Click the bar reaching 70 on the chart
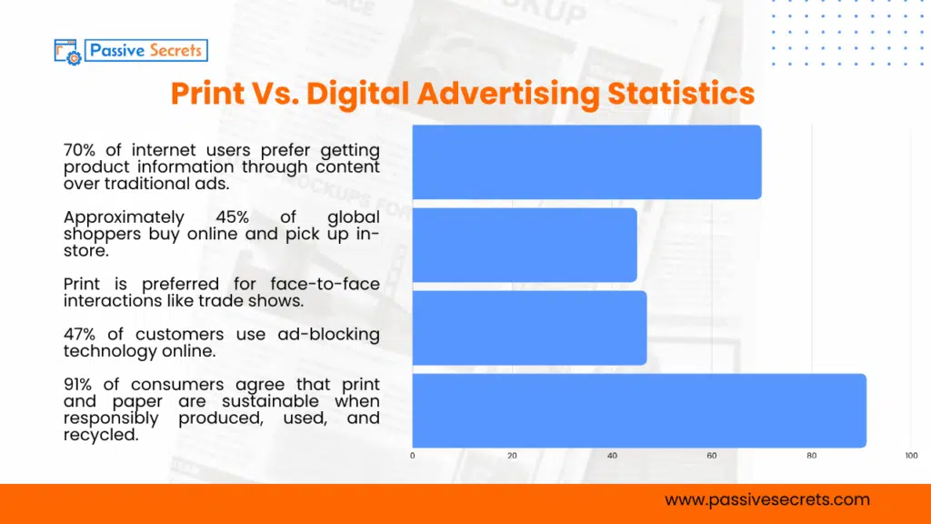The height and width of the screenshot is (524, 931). (x=586, y=162)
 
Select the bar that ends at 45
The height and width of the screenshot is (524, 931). (x=525, y=245)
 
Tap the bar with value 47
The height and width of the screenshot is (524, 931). (x=529, y=327)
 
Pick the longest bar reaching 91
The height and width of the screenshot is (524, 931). (x=638, y=410)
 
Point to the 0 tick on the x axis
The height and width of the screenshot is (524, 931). (x=413, y=455)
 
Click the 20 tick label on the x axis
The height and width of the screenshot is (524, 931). (x=512, y=455)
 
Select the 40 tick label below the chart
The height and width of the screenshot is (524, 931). (x=612, y=455)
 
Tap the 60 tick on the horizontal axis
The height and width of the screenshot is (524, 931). (x=712, y=455)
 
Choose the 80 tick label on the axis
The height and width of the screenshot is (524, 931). (x=812, y=455)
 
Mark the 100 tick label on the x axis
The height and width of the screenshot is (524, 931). (x=911, y=455)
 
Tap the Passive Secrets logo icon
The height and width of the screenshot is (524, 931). (x=68, y=51)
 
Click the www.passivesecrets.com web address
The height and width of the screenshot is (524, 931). (x=767, y=499)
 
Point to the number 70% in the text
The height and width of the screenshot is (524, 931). (x=80, y=149)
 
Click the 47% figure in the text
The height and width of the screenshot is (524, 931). (x=80, y=334)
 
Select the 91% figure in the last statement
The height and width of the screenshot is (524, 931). (x=80, y=385)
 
